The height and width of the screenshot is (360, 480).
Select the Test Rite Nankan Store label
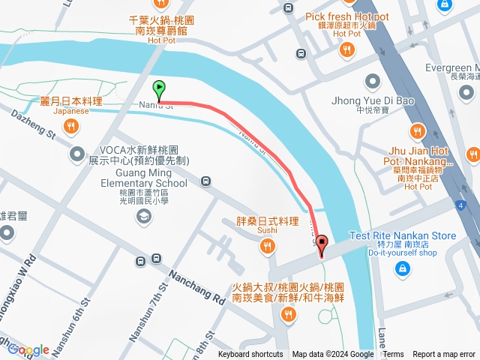click(x=402, y=235)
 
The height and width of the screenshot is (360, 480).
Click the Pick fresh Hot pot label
click(x=346, y=16)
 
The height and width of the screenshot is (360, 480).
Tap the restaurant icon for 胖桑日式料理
click(x=268, y=245)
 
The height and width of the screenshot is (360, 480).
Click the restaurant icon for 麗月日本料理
click(x=71, y=127)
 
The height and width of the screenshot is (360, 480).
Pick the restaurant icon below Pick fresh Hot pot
click(x=346, y=49)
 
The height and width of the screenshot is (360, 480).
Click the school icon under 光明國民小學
click(x=142, y=217)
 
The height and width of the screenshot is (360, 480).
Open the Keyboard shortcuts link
click(x=250, y=355)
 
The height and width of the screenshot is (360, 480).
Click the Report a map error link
click(x=444, y=355)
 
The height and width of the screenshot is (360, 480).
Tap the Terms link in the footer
click(x=393, y=355)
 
